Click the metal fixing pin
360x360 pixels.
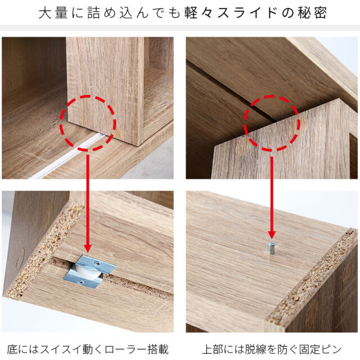(271, 248)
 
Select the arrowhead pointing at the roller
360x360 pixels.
(88, 249)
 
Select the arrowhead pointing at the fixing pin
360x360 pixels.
(272, 235)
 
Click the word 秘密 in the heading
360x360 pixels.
(312, 12)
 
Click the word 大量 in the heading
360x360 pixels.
(53, 12)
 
